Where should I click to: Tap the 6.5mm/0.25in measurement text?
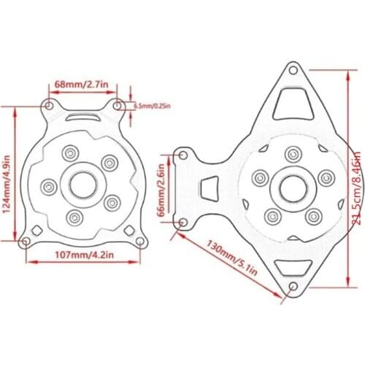click(152, 106)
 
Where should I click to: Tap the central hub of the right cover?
click(292, 188)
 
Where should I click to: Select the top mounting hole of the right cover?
click(293, 72)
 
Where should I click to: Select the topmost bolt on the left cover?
click(70, 153)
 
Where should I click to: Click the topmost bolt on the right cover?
click(293, 153)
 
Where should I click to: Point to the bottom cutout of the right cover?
click(293, 268)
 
